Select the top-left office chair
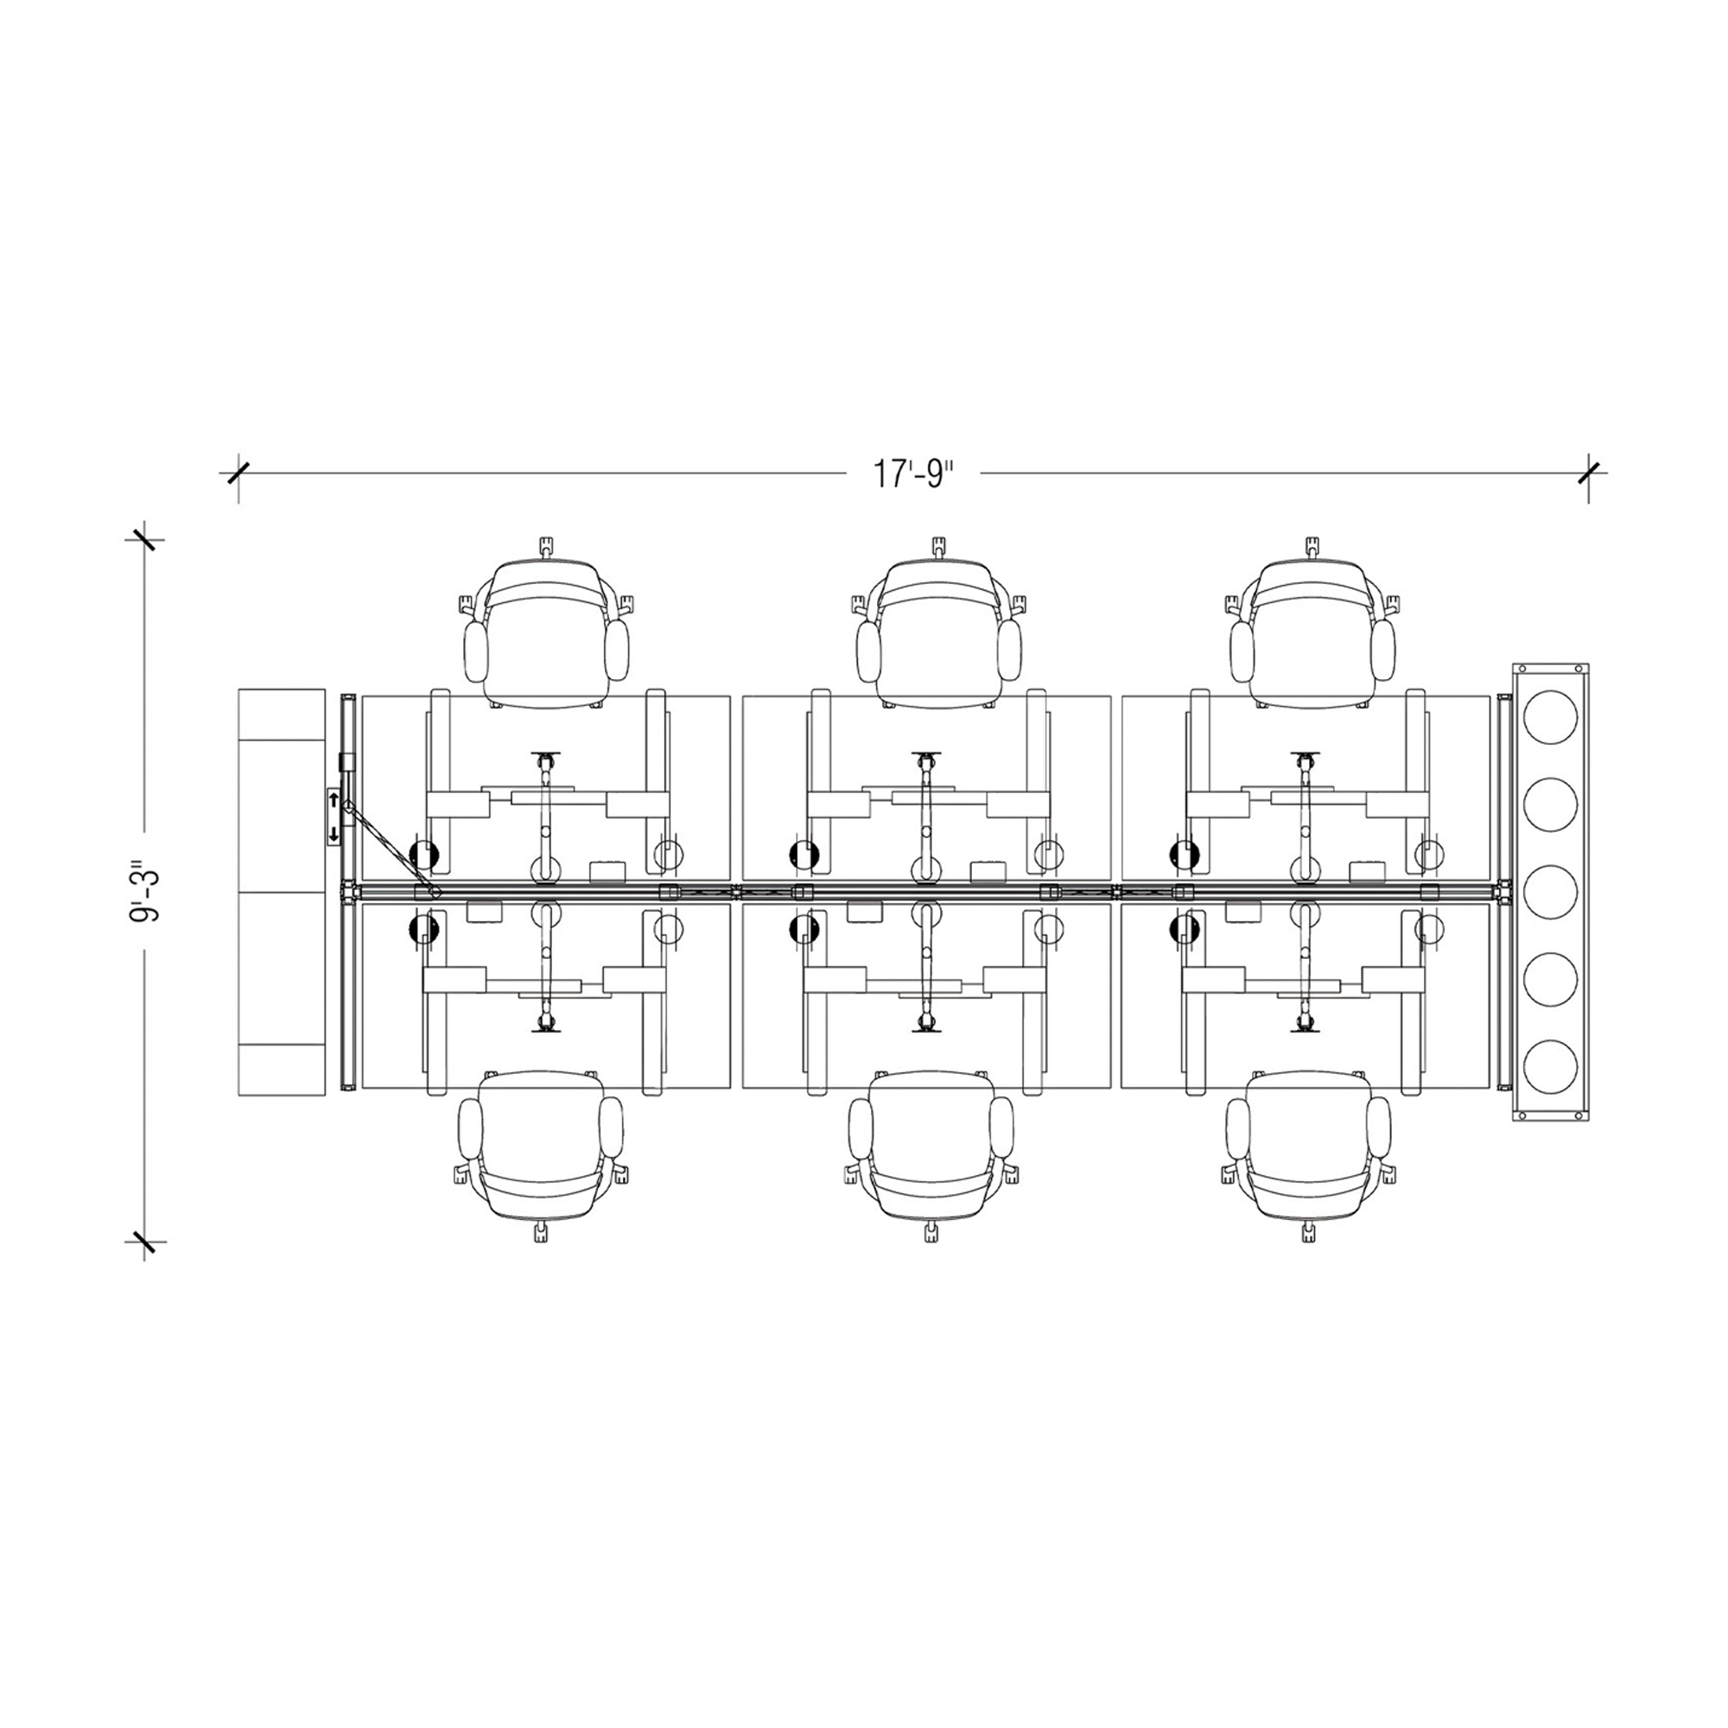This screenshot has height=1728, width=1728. (545, 625)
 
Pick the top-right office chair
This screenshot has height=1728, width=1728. (1312, 625)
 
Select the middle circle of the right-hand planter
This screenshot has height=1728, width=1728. (1550, 892)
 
